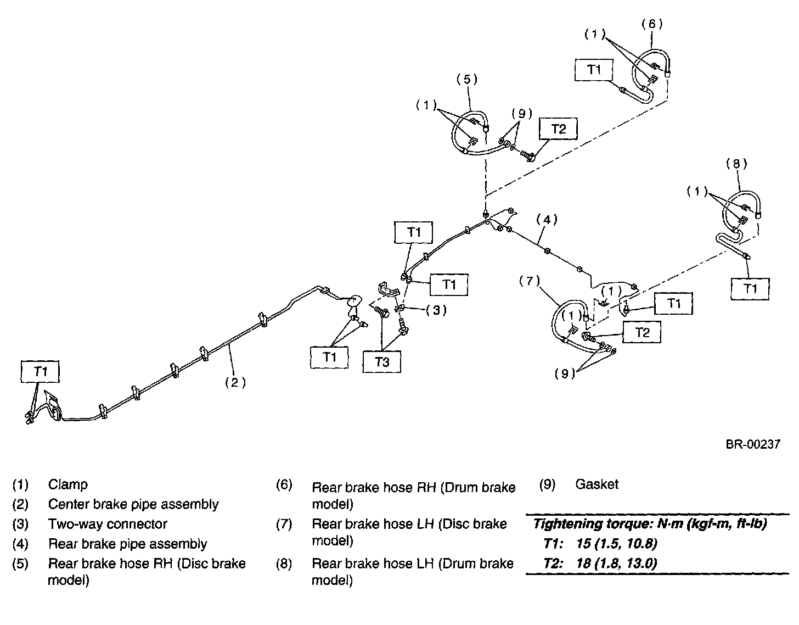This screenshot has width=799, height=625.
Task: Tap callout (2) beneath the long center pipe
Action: [x=235, y=382]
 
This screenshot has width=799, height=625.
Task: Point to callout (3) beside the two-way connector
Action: [x=436, y=310]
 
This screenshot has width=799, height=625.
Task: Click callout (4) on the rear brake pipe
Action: [x=547, y=220]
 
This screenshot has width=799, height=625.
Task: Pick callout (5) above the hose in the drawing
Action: [x=467, y=79]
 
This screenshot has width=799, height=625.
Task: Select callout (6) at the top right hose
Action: [x=652, y=24]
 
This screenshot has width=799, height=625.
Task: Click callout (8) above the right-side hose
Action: [x=736, y=163]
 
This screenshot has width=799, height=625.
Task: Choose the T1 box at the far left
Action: [x=41, y=372]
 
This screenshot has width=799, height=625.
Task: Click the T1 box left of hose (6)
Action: [x=594, y=70]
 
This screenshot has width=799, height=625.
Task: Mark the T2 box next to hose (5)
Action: [x=558, y=129]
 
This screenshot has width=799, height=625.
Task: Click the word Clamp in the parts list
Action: [x=68, y=484]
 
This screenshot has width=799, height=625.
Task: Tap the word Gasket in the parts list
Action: [x=597, y=484]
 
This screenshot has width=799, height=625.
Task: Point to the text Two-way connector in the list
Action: [x=108, y=524]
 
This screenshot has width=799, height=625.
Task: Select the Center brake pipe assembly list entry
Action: [x=133, y=504]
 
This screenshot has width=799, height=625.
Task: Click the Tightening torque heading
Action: [x=650, y=524]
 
